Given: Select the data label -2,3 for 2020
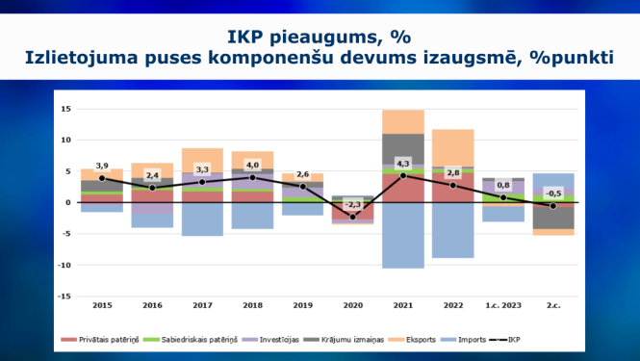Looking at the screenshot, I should [x=352, y=205].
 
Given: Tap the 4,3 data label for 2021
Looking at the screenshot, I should [x=403, y=164].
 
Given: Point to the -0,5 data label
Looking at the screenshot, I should [x=552, y=193].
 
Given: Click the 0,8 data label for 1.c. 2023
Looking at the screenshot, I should [x=503, y=185].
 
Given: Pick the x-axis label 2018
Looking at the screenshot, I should [x=252, y=306].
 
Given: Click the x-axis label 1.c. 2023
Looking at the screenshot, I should [x=503, y=306].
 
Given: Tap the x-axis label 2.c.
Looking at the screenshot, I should [x=553, y=306].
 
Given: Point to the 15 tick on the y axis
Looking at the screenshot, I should [x=66, y=109].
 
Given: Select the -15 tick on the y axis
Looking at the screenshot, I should [x=64, y=297].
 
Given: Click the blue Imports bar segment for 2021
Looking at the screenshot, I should [x=403, y=235].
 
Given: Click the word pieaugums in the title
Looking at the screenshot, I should [x=325, y=38].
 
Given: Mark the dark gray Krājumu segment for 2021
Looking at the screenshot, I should [x=403, y=149].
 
